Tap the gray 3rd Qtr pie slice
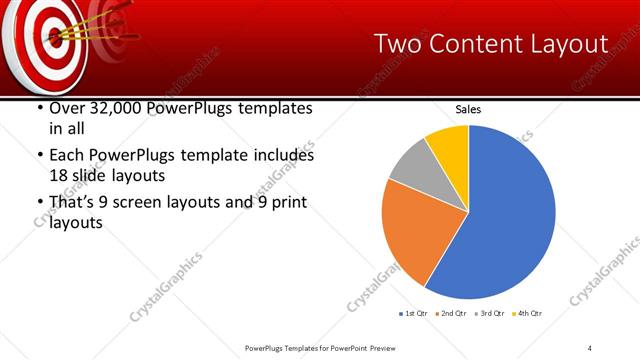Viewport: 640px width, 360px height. coord(411,167)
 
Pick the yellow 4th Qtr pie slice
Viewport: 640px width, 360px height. coord(449,147)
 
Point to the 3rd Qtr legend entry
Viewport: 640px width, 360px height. coord(490,315)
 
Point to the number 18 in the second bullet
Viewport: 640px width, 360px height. coord(59,175)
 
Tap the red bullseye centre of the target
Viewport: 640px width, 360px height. coord(51,37)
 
